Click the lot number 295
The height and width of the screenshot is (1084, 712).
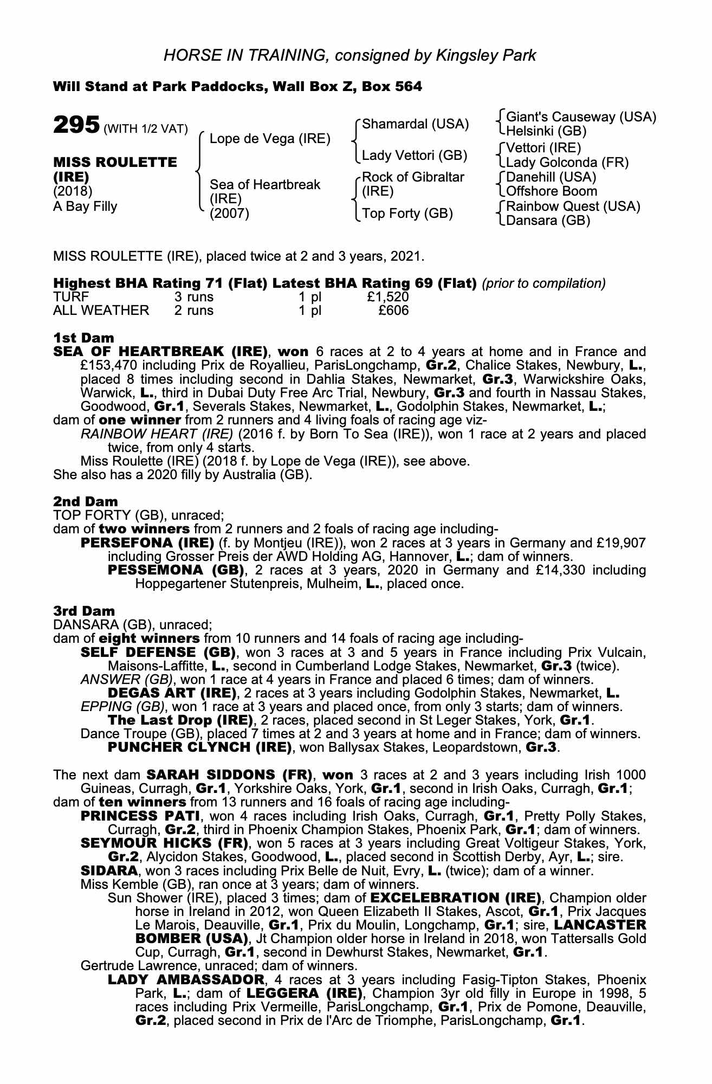tap(76, 125)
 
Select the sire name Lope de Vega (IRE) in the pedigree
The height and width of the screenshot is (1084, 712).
tap(270, 139)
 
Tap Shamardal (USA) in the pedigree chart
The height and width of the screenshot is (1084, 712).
tap(415, 124)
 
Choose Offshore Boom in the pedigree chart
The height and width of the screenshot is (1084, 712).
tap(552, 191)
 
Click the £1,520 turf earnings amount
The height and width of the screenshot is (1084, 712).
tap(387, 296)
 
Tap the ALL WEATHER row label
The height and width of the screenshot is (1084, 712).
tap(101, 310)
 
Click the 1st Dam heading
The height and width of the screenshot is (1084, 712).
tap(84, 338)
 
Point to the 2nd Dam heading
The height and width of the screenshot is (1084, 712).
tap(85, 501)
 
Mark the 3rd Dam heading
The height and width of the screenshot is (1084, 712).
tap(85, 611)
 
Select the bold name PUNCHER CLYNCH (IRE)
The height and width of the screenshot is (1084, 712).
tap(197, 747)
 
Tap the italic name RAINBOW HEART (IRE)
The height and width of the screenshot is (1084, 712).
tap(157, 434)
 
